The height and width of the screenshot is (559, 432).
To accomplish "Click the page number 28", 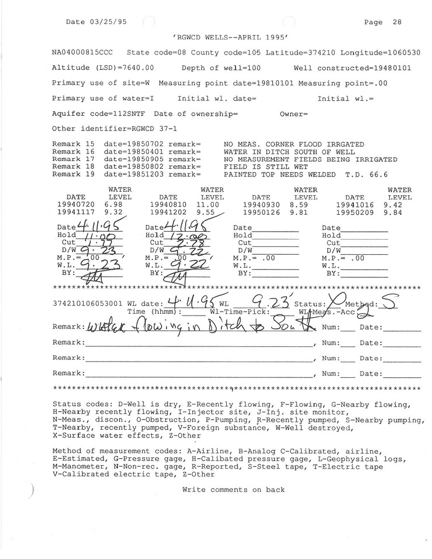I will coord(397,22).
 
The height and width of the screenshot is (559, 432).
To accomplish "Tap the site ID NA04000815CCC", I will coord(82,52).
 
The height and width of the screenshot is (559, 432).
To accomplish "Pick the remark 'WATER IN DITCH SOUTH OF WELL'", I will coord(289,152).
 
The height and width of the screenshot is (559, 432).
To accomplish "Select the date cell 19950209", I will coord(354,213).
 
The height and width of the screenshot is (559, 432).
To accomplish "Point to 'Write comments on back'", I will coord(233,490).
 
